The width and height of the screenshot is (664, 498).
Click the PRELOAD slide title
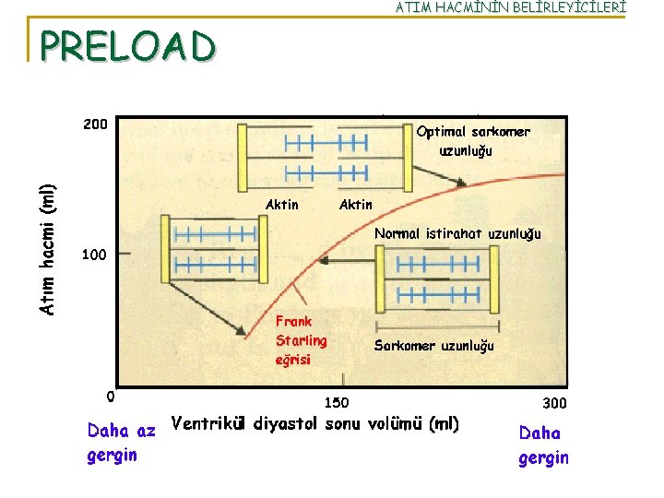128,45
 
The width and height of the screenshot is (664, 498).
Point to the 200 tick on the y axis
94,124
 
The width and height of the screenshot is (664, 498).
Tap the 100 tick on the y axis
94,254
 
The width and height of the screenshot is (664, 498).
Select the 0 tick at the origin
110,397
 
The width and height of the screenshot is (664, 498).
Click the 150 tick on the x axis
337,402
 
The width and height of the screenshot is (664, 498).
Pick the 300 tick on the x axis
554,402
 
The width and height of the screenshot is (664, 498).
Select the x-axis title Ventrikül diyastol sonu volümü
315,424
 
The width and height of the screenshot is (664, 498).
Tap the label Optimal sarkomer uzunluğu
473,140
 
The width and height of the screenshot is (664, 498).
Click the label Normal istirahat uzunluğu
457,233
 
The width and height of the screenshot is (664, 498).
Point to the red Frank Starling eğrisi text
301,340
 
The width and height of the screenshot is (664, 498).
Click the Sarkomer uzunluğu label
433,346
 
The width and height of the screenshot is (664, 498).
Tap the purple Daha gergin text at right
543,445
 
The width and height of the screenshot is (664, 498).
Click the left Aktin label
282,204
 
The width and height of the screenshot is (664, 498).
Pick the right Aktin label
356,204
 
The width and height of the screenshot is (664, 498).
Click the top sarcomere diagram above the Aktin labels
326,154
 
